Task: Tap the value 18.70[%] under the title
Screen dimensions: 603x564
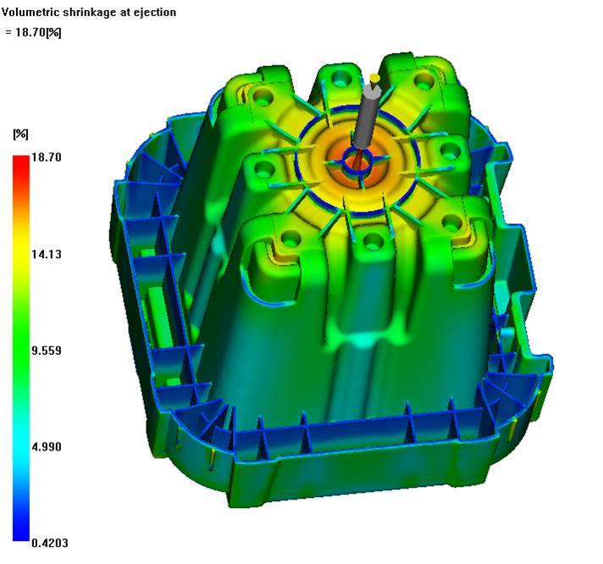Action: point(38,32)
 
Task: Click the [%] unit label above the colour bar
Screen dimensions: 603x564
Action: point(21,134)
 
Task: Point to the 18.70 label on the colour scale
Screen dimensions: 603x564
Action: point(46,158)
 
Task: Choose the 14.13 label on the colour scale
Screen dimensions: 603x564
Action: point(46,254)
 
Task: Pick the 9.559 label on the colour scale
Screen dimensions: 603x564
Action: point(46,351)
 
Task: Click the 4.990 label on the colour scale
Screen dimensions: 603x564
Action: point(46,447)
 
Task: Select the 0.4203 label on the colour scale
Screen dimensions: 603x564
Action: point(50,543)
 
